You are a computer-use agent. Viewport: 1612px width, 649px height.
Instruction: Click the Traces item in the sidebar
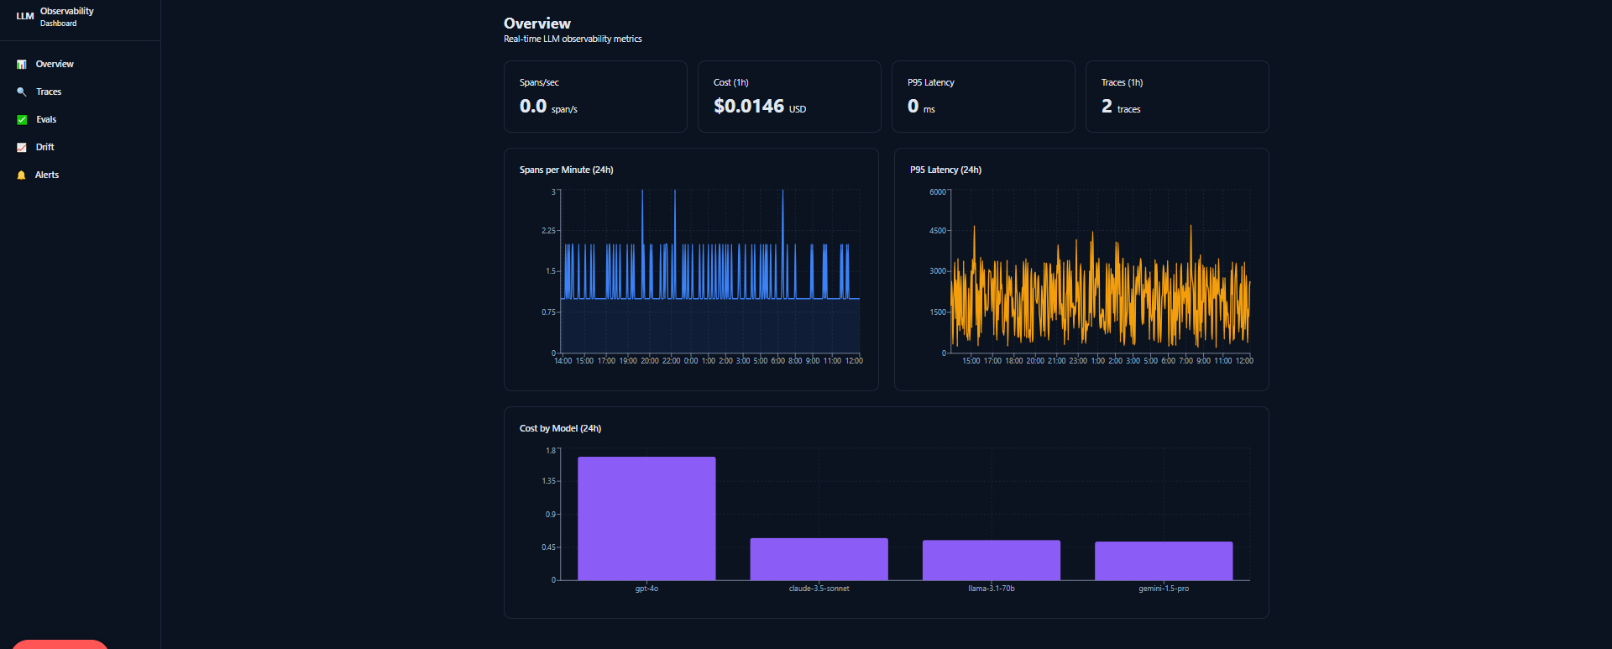click(x=49, y=92)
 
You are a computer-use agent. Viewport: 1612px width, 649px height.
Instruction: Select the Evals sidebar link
click(x=46, y=119)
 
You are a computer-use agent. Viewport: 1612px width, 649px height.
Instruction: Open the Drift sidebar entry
click(x=44, y=147)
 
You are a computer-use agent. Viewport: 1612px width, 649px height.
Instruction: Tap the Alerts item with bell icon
click(x=47, y=175)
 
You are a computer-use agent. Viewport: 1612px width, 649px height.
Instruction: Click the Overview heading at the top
click(x=537, y=24)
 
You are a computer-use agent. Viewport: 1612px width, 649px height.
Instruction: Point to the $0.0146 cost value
click(x=749, y=106)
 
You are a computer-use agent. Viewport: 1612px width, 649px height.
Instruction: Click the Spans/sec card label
click(x=539, y=82)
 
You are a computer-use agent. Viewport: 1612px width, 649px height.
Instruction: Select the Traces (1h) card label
click(x=1122, y=82)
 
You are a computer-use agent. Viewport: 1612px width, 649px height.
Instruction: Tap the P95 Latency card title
click(x=931, y=82)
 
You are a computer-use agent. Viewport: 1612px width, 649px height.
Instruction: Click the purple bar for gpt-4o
click(x=646, y=518)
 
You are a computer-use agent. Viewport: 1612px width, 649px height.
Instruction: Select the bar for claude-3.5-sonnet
click(x=819, y=559)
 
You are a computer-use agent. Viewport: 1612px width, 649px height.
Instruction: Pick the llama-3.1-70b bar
click(x=992, y=560)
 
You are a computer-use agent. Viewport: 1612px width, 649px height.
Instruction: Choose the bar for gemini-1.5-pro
click(x=1164, y=561)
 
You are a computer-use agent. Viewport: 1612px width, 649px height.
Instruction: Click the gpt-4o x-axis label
click(x=646, y=589)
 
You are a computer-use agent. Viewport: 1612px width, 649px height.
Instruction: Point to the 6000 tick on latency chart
click(x=938, y=192)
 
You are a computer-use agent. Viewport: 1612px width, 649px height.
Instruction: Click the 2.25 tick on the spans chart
click(x=548, y=230)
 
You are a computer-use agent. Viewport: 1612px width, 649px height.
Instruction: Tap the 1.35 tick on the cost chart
click(x=548, y=481)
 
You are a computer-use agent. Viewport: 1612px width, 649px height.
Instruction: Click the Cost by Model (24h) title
click(x=560, y=428)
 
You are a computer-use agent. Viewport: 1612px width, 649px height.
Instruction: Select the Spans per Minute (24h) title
click(x=567, y=170)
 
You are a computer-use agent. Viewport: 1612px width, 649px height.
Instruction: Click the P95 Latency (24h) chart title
click(x=945, y=170)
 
